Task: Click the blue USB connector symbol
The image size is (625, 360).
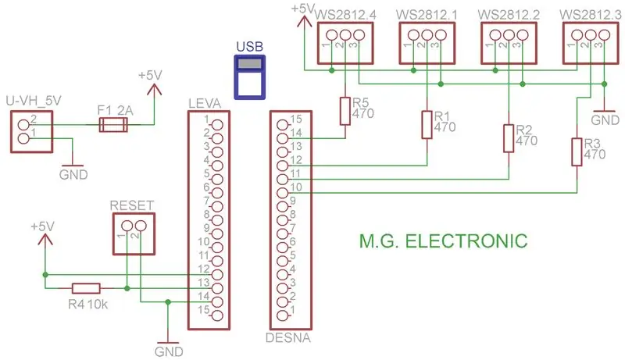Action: pyautogui.click(x=249, y=77)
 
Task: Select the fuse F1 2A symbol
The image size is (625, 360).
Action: pyautogui.click(x=113, y=125)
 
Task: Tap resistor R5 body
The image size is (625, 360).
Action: pyautogui.click(x=345, y=111)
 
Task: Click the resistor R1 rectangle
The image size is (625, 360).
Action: pyautogui.click(x=427, y=125)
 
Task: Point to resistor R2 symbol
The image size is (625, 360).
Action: pyautogui.click(x=509, y=138)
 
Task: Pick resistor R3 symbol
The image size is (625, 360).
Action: pyautogui.click(x=577, y=151)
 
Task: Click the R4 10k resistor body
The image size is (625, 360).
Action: pyautogui.click(x=86, y=288)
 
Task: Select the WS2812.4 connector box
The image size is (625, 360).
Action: pyautogui.click(x=345, y=43)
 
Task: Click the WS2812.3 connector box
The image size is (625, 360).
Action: pyautogui.click(x=591, y=43)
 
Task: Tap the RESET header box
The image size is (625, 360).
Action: pyautogui.click(x=134, y=233)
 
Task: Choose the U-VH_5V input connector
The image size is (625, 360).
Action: pyautogui.click(x=31, y=132)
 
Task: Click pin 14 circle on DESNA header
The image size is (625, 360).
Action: pyautogui.click(x=282, y=138)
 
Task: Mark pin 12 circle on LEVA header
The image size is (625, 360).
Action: pyautogui.click(x=217, y=275)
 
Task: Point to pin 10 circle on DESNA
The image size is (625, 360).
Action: pyautogui.click(x=282, y=193)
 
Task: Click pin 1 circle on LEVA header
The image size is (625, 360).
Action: pyautogui.click(x=217, y=125)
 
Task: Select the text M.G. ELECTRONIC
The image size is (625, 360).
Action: pyautogui.click(x=443, y=241)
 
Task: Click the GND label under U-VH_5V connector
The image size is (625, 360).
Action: pyautogui.click(x=73, y=174)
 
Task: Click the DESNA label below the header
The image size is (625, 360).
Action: pyautogui.click(x=287, y=337)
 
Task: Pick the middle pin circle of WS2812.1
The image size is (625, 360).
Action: pyautogui.click(x=427, y=35)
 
